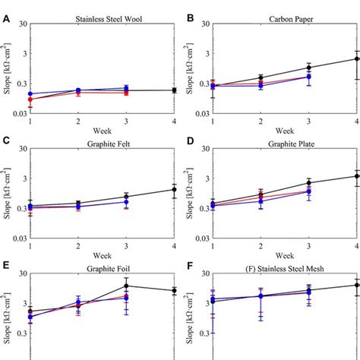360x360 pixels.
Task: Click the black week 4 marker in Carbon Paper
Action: [357, 58]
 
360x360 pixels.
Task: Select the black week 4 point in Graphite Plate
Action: [357, 176]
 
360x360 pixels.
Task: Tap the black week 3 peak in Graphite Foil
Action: [127, 286]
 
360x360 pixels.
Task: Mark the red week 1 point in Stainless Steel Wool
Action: [30, 99]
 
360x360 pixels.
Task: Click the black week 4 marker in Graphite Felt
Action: [175, 190]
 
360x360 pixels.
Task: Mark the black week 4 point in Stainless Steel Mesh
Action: [357, 286]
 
